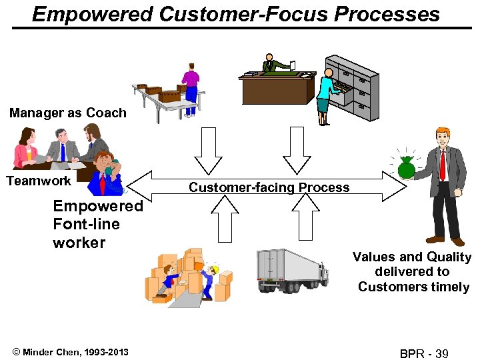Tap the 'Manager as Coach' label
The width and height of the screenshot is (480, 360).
pos(67,113)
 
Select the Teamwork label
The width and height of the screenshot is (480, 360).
pos(39,181)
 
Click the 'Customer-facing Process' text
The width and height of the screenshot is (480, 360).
pos(269,187)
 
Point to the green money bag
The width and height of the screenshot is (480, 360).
pos(406,168)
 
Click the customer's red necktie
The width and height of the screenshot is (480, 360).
pos(443,163)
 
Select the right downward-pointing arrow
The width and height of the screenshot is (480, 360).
pos(297,150)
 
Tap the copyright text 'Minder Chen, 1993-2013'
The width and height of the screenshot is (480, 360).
pos(69,351)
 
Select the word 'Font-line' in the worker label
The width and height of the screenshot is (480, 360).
pos(86,224)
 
